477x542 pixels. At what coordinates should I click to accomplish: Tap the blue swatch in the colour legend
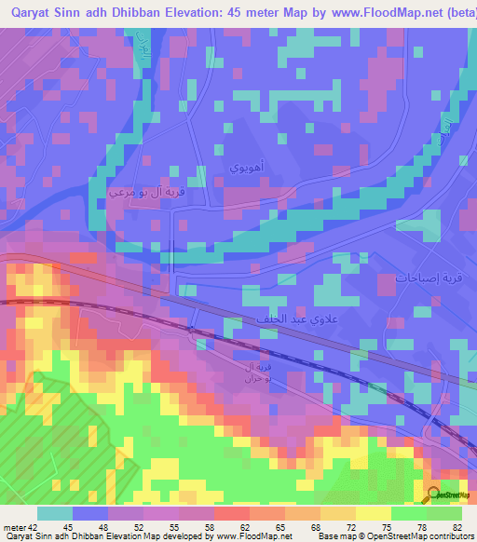click(x=89, y=513)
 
